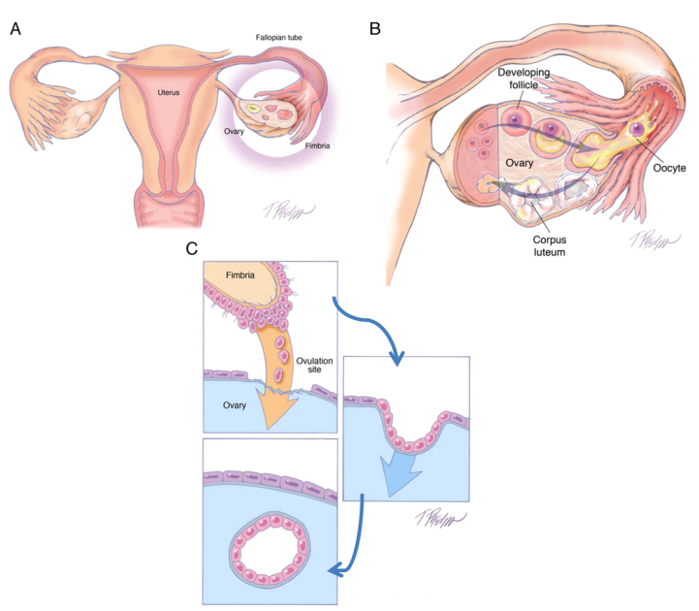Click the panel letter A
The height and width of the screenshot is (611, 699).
tap(15, 28)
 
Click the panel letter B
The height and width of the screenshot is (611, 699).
tap(375, 28)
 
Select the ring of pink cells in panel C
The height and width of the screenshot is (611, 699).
tap(270, 550)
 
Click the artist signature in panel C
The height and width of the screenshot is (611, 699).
tap(445, 520)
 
